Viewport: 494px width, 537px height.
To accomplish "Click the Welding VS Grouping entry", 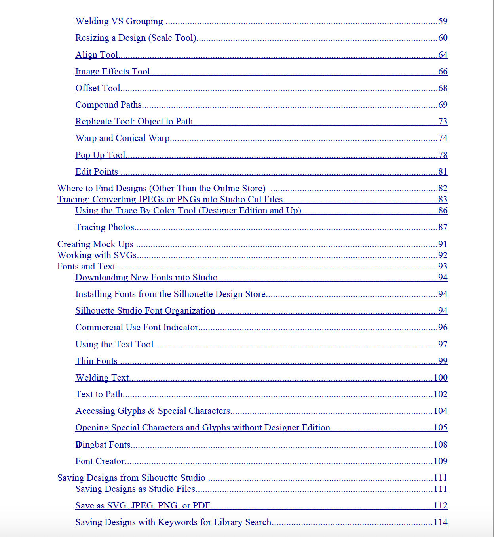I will pos(119,21).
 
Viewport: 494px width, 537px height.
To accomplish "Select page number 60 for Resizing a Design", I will pos(443,38).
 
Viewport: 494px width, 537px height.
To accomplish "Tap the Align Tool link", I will pos(97,55).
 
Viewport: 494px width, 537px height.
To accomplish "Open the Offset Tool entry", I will pos(98,88).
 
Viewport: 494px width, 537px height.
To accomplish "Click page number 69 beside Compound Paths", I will pos(443,105).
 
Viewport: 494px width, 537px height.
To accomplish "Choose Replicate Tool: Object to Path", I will pos(134,122).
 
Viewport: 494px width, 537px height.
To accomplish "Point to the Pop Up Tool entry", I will pos(100,155).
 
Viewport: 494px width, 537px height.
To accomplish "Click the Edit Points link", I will pos(97,172).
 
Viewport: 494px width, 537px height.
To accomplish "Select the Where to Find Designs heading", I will pos(161,189).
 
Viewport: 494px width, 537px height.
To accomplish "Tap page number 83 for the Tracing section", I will pos(443,200).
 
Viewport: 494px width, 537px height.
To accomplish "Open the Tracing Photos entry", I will pos(105,227).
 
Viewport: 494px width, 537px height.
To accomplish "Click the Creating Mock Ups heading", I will pos(95,244).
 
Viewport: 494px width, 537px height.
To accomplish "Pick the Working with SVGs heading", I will pos(97,255).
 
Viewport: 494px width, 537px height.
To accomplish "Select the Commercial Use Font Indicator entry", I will pos(137,328).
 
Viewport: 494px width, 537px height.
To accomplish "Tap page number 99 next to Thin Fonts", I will pos(443,361).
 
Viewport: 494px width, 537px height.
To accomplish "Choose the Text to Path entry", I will pos(99,394).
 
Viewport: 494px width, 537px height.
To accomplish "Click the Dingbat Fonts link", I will pos(103,445).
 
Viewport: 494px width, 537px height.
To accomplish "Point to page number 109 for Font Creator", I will pos(440,461).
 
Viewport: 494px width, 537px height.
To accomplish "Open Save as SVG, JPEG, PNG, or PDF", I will pos(142,506).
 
